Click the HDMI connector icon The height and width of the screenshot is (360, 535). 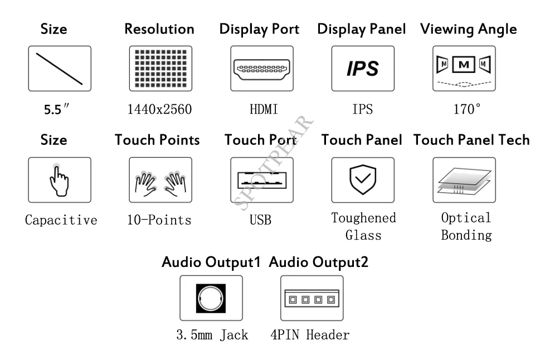[262, 69]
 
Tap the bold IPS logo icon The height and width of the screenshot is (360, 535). [363, 68]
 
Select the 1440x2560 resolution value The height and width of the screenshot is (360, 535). [160, 109]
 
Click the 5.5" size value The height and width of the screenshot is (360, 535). [56, 109]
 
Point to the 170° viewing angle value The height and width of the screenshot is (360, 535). [467, 109]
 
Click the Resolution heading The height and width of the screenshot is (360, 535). [159, 29]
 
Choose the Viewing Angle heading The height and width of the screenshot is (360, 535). [469, 30]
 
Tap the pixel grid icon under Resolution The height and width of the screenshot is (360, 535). [160, 69]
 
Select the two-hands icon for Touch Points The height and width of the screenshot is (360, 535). [160, 183]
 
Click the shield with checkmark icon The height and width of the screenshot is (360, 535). [363, 179]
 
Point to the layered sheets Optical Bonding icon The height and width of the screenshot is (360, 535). [464, 181]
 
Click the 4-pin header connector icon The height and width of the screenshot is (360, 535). [312, 299]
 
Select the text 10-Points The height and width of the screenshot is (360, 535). [159, 220]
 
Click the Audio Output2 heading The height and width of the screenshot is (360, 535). [319, 262]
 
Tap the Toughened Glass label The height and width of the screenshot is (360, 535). [363, 227]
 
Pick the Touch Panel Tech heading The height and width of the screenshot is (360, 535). [471, 140]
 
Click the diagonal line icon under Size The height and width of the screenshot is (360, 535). [60, 69]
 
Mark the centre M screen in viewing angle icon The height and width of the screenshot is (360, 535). [464, 65]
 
